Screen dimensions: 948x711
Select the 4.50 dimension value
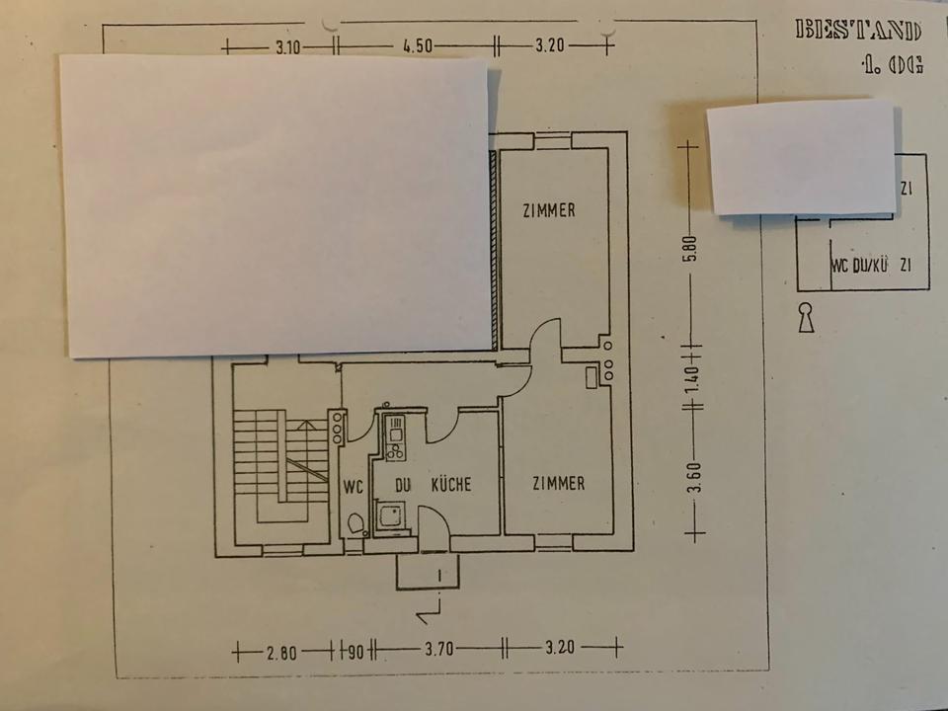tap(416, 45)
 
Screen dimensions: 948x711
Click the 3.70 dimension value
tap(437, 650)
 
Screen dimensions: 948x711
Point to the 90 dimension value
tap(354, 651)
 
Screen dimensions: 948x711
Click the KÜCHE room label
tap(450, 485)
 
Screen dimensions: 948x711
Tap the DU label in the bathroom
tap(402, 485)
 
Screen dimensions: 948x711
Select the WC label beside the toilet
tap(354, 486)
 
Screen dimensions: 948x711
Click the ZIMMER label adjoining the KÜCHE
tap(558, 484)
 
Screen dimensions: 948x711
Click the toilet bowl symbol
tap(356, 523)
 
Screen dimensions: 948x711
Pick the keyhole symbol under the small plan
tap(807, 318)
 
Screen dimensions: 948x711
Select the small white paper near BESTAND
tap(802, 155)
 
